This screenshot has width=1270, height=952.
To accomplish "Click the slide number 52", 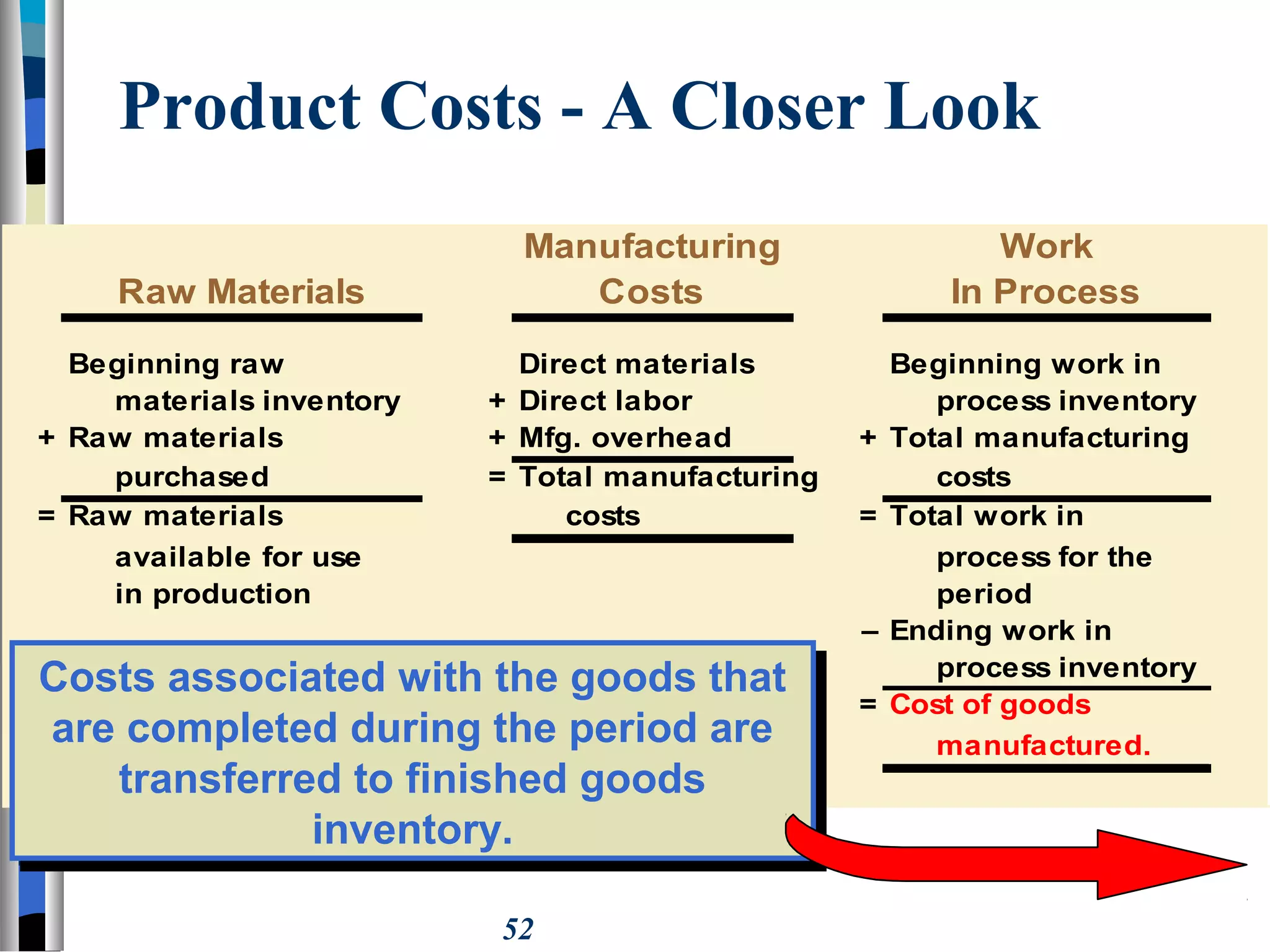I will tap(518, 929).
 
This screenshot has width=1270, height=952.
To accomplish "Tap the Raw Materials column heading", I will tap(241, 291).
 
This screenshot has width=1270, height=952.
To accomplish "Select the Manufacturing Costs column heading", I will tap(652, 268).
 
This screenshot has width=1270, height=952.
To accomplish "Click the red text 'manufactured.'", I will tap(1043, 745).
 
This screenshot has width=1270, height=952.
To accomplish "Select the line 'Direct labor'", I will tap(605, 401).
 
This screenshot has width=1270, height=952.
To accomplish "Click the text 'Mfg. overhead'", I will tap(625, 438).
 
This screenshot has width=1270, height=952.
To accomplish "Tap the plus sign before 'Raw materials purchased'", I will tap(47, 438).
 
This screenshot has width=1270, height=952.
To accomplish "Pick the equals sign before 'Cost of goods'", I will tap(868, 704).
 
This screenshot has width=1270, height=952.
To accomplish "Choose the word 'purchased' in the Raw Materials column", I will tap(192, 477).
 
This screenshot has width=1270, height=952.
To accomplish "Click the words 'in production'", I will tap(213, 594).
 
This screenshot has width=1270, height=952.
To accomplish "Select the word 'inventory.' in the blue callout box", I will tap(412, 829).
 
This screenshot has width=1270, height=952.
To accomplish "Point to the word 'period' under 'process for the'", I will tap(984, 594).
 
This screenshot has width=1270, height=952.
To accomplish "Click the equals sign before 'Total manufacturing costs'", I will tap(497, 477).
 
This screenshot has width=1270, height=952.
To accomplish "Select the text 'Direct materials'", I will tap(637, 364).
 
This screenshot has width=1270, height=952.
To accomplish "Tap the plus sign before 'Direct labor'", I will tap(497, 401).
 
